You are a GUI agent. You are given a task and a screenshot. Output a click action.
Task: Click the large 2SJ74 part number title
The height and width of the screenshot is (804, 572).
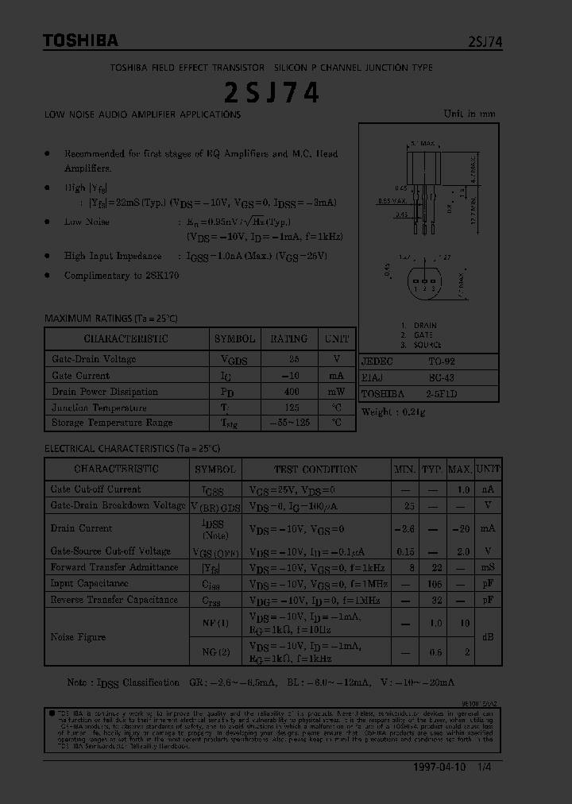pyautogui.click(x=272, y=93)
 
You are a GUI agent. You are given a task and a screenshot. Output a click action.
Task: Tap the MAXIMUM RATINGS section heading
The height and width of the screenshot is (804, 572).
pyautogui.click(x=111, y=319)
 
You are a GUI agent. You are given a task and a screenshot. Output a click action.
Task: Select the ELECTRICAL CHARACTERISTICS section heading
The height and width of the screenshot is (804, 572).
pyautogui.click(x=132, y=449)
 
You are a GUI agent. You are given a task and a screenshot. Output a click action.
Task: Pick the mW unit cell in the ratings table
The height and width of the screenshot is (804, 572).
pyautogui.click(x=337, y=392)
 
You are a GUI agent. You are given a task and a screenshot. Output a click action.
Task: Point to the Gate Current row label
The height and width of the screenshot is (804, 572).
pyautogui.click(x=81, y=376)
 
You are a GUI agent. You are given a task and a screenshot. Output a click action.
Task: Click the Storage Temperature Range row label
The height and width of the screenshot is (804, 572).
pyautogui.click(x=112, y=423)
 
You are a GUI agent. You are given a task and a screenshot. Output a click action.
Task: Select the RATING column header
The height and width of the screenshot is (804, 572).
pyautogui.click(x=288, y=338)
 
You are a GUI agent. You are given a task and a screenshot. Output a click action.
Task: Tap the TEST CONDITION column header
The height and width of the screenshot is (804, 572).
pyautogui.click(x=315, y=470)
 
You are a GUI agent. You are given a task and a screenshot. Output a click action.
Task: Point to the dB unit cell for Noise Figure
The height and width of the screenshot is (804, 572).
pyautogui.click(x=488, y=637)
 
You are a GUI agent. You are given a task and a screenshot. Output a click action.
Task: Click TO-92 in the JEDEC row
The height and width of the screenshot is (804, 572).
pyautogui.click(x=442, y=361)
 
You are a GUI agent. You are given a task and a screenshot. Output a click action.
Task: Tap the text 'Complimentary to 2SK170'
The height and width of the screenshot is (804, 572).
pyautogui.click(x=122, y=276)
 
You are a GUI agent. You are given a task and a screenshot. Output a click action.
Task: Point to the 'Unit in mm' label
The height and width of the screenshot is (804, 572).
pyautogui.click(x=469, y=114)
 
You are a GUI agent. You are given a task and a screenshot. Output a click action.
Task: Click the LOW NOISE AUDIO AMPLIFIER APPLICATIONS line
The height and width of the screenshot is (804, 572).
pyautogui.click(x=143, y=114)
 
